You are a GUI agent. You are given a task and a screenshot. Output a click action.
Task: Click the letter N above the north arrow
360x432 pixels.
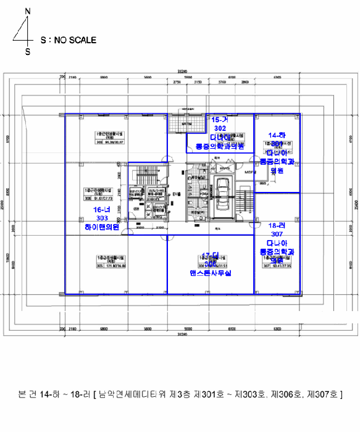tap(27, 12)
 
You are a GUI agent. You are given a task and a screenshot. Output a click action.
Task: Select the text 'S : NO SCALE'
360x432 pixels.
tap(68, 40)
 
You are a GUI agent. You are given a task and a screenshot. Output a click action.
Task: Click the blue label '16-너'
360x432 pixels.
tap(101, 210)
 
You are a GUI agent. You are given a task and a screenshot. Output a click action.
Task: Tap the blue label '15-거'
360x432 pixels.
tap(220, 119)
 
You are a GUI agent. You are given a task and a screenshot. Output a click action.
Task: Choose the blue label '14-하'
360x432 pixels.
tap(276, 135)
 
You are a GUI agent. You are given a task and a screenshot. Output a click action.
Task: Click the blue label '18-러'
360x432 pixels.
tap(276, 226)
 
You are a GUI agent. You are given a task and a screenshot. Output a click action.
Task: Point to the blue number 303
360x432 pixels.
tap(102, 218)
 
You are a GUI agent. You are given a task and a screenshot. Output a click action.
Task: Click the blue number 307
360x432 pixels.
tap(276, 235)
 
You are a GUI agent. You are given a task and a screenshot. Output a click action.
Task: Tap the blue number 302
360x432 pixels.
tap(220, 128)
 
